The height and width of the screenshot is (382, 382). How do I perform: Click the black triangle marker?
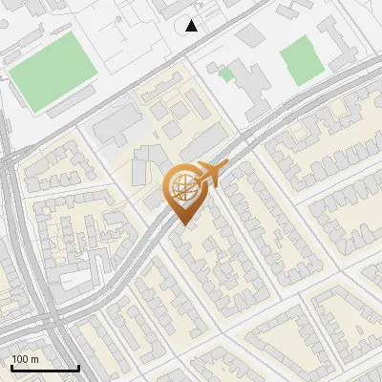coord(192,26)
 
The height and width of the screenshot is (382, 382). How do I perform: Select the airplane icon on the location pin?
coord(211,174)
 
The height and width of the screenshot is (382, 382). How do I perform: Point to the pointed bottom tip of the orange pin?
coord(182,224)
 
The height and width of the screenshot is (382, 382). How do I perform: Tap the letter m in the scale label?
coord(35,358)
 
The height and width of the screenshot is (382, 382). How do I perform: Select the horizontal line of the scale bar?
coord(45,368)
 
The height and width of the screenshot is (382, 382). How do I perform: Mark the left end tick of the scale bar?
coord(11,366)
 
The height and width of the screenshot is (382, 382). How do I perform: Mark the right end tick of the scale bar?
coord(78,366)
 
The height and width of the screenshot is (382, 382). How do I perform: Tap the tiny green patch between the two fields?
coord(226,73)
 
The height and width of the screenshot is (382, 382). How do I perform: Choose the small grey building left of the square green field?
coord(251,35)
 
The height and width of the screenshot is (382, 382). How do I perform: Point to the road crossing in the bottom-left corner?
coord(48,325)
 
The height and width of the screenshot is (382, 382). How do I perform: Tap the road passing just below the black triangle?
coord(191,48)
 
